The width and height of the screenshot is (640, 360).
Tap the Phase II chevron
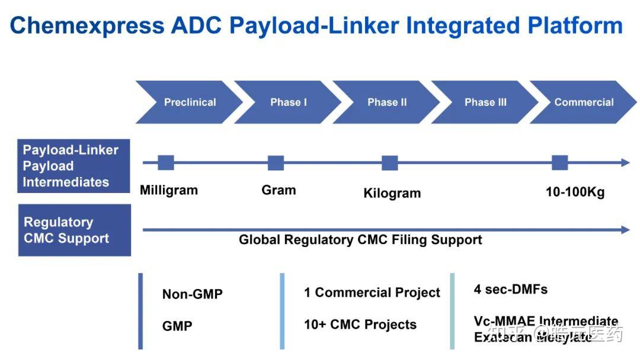[x=387, y=102]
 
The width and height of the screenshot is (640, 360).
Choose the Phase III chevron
[x=485, y=102]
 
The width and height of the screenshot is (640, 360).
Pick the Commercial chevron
[x=584, y=102]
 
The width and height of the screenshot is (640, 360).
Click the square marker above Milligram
[x=166, y=163]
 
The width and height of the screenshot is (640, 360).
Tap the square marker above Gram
[x=276, y=163]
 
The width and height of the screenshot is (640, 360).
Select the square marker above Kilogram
[x=389, y=163]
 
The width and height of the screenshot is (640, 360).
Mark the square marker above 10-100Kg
[x=560, y=163]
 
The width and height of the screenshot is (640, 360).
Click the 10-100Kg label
[x=575, y=192]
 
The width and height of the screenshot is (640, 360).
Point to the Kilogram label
[x=392, y=193]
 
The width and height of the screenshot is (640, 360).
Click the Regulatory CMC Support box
[x=74, y=230]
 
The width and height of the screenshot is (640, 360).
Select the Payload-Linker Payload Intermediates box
[x=73, y=166]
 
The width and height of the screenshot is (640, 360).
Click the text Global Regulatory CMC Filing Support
[x=360, y=240]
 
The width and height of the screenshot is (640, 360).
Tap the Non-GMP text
[x=192, y=294]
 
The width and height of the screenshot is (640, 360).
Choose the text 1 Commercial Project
[x=372, y=292]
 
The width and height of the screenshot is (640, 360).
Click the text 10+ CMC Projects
[x=360, y=324]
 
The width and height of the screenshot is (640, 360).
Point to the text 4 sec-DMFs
[x=510, y=290]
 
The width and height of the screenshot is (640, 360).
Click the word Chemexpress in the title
[x=87, y=25]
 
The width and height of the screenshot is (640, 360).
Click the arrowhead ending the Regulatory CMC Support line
[x=625, y=230]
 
